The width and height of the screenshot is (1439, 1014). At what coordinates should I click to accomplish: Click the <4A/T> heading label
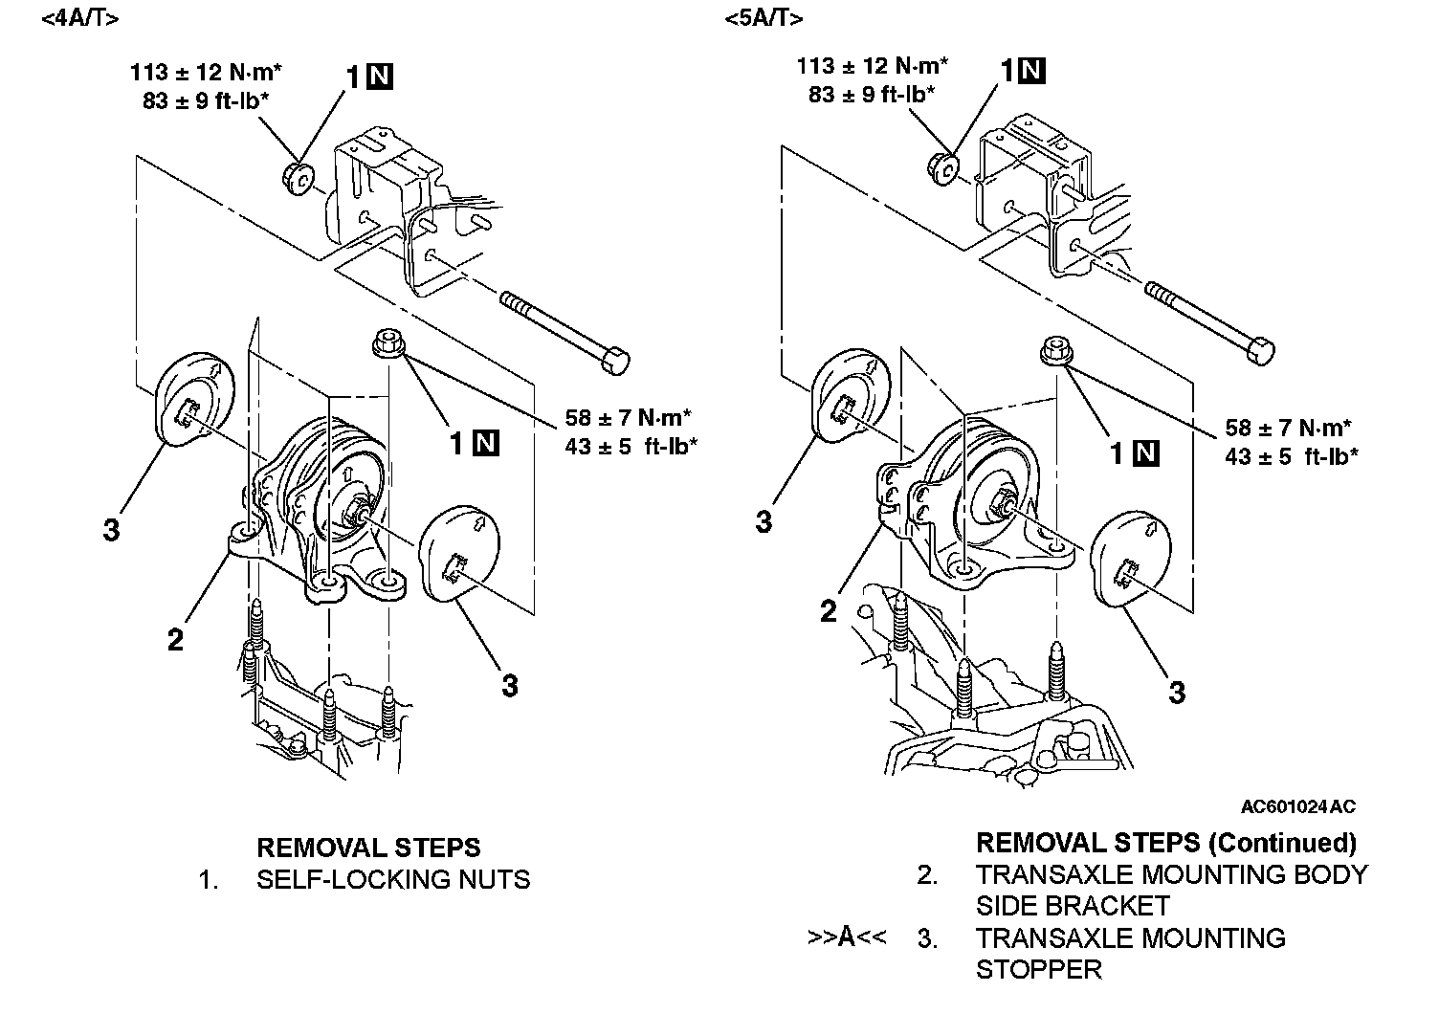(80, 18)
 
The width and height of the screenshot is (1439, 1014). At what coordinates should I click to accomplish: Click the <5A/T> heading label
(764, 18)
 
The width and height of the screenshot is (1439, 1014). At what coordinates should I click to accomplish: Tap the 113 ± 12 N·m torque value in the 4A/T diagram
(206, 72)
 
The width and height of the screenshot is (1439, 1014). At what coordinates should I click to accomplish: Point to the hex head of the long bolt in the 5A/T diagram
(1261, 350)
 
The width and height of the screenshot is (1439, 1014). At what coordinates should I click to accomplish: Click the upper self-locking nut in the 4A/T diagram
(298, 177)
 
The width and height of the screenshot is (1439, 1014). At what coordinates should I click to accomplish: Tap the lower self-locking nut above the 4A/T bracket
(385, 342)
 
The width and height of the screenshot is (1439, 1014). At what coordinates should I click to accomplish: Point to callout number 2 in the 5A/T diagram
(829, 610)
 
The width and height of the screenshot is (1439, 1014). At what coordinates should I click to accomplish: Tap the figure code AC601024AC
(1297, 806)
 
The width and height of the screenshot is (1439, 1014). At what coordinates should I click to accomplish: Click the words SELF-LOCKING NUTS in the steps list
(392, 878)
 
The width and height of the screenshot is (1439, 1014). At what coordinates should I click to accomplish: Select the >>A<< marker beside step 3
(847, 937)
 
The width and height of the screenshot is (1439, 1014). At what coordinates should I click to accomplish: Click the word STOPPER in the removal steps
(1038, 969)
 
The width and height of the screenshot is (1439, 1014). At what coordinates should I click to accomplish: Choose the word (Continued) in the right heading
(1282, 843)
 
